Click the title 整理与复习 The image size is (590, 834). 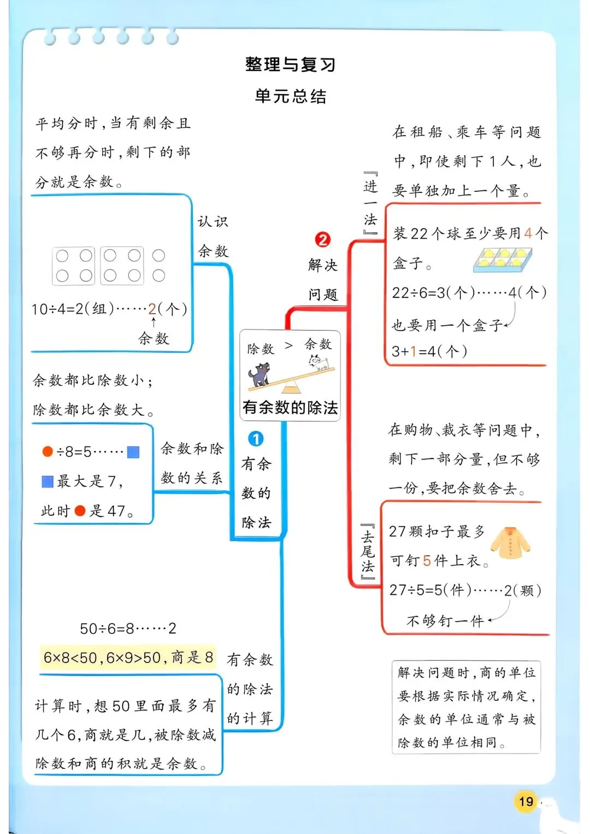pos(290,64)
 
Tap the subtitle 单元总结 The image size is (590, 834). pos(290,97)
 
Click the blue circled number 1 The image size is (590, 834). pos(256,439)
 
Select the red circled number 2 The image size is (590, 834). pos(323,239)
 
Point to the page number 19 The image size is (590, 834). pos(526,802)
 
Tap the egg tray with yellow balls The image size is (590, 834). pos(502,260)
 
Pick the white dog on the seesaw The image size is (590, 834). pos(319,362)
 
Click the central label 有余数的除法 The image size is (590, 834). pos(290,408)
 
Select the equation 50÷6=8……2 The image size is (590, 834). pos(128,629)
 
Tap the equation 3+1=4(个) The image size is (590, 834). pos(429,351)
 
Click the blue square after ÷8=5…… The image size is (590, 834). pos(133,452)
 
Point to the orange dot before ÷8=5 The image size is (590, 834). pos(48,451)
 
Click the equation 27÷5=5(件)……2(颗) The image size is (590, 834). pos(465,590)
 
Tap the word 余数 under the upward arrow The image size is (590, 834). pos(154,339)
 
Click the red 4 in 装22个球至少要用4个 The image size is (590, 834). pos(528,234)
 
